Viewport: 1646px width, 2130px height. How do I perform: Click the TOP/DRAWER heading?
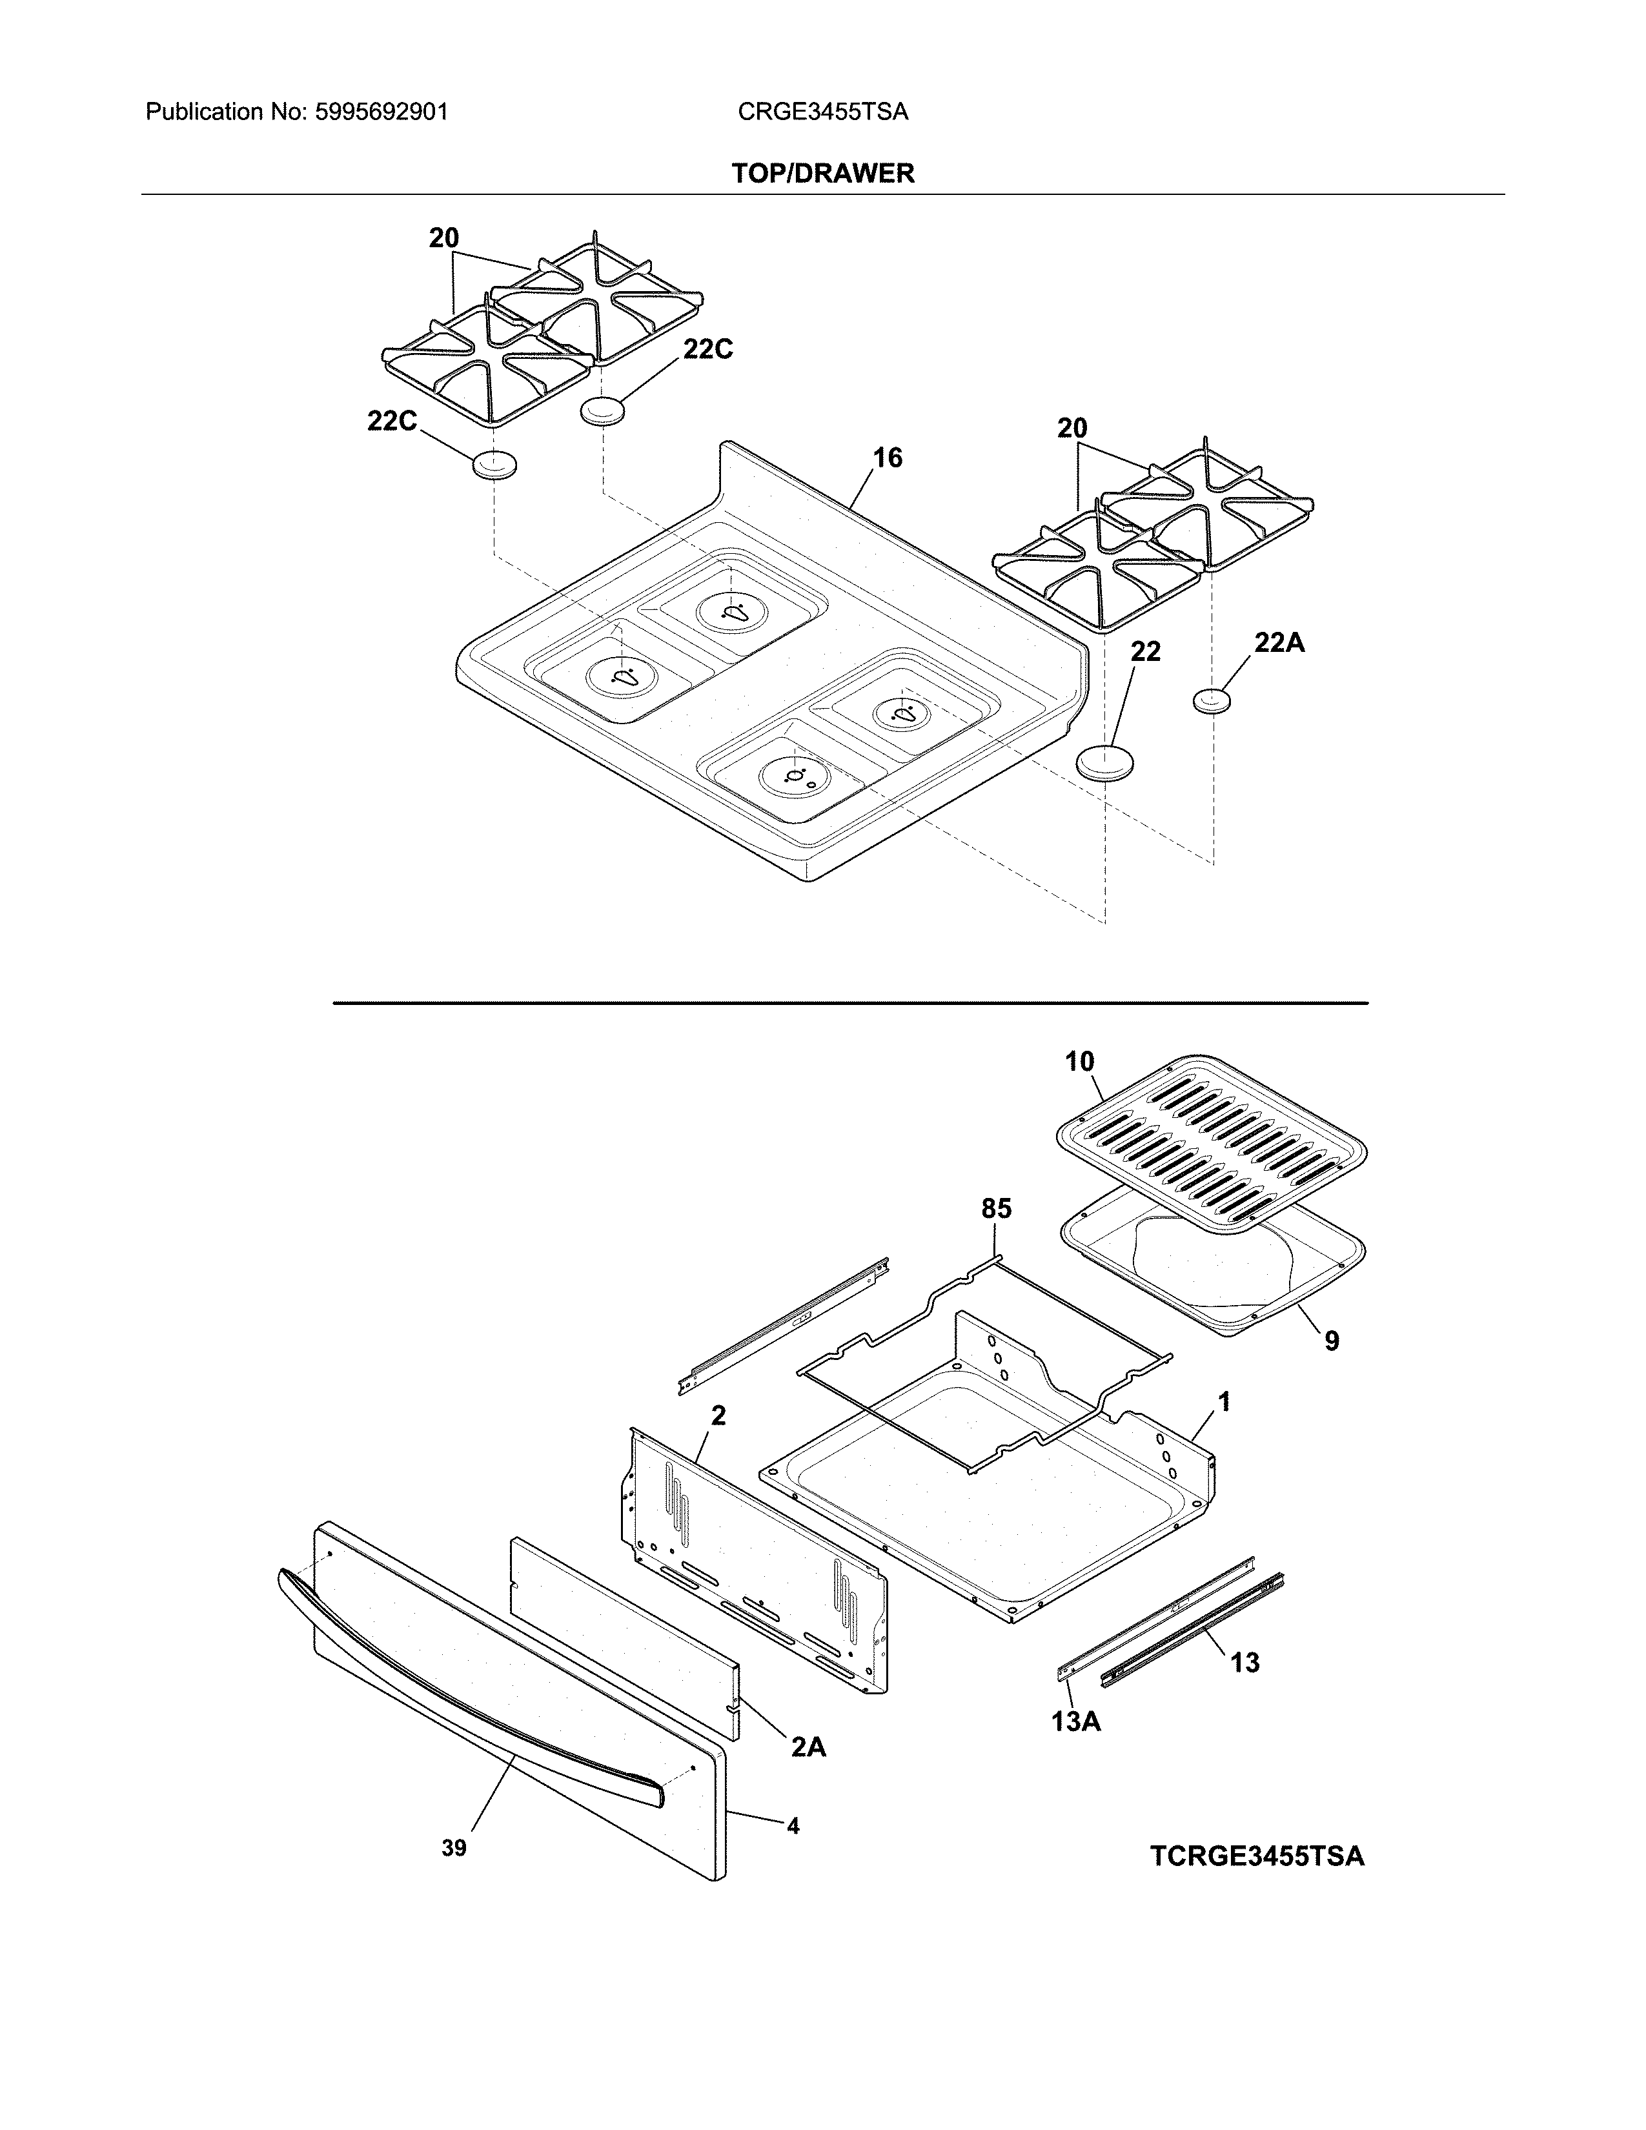click(x=823, y=174)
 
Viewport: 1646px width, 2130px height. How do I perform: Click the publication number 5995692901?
click(x=381, y=112)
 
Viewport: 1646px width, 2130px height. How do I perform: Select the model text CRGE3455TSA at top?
click(x=823, y=112)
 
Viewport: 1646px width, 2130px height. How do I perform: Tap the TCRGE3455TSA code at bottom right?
click(x=1257, y=1855)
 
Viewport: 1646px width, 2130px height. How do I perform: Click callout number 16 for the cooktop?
click(x=888, y=458)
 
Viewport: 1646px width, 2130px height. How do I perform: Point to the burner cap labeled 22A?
click(x=1212, y=700)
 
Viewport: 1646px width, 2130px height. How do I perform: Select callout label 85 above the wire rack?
click(x=995, y=1210)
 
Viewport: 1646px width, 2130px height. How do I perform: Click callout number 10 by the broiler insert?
click(x=1079, y=1061)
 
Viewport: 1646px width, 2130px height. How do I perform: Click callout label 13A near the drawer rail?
click(x=1077, y=1721)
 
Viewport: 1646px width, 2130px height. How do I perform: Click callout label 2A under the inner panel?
click(x=808, y=1747)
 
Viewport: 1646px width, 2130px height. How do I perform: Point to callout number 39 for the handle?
click(x=454, y=1848)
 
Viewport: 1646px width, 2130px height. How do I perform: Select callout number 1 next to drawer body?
click(x=1224, y=1403)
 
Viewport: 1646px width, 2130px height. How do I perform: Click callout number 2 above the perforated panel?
click(x=718, y=1415)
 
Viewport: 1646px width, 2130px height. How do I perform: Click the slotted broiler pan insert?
click(x=1209, y=1141)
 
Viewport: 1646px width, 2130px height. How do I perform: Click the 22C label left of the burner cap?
click(x=392, y=421)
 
